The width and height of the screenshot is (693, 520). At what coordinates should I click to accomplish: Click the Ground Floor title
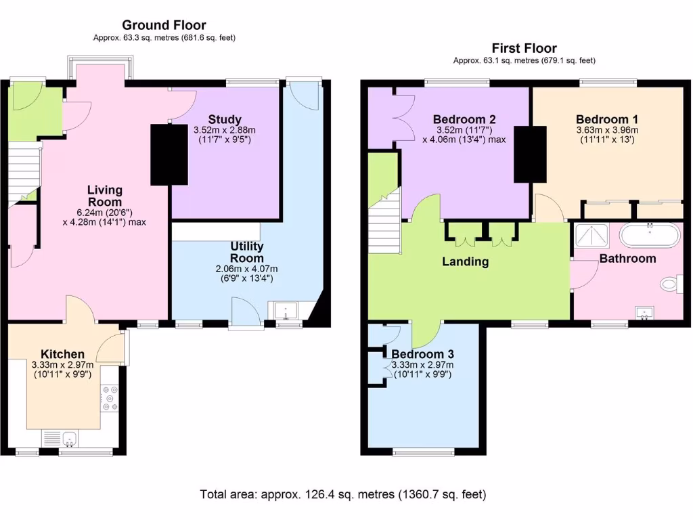point(164,26)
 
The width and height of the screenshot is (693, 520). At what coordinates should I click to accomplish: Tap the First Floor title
point(524,48)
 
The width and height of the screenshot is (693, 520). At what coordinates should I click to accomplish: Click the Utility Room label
point(246,252)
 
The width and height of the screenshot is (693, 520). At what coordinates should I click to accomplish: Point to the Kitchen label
point(62,354)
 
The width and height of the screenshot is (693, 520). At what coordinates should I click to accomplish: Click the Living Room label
point(104,196)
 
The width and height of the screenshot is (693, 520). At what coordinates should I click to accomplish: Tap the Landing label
point(466,262)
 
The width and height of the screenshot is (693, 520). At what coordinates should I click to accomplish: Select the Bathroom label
point(627,259)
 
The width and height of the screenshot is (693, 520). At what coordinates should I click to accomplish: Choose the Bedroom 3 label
point(422,354)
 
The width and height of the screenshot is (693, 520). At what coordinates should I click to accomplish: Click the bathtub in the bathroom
point(650,236)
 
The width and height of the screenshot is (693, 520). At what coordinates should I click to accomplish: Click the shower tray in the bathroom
point(593,236)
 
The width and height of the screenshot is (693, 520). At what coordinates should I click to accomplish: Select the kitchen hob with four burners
point(109,398)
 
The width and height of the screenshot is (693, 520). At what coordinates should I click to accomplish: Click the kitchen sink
point(62,439)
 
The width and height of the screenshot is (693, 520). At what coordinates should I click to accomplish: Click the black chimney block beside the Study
point(169,154)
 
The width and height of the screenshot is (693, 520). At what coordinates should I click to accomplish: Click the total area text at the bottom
point(342,494)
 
